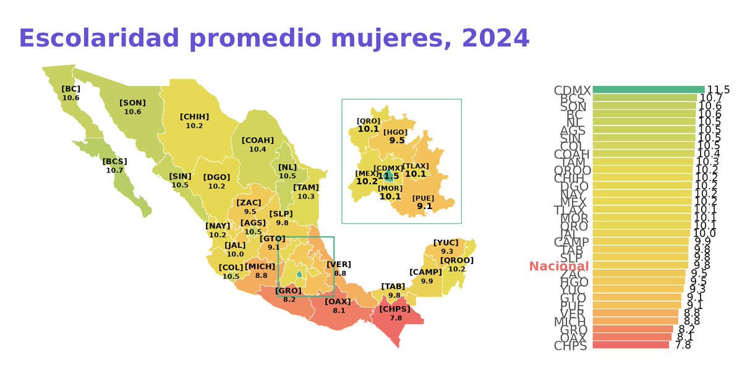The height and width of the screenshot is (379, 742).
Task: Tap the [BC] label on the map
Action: pyautogui.click(x=70, y=89)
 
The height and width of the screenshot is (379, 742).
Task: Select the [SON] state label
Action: pyautogui.click(x=132, y=103)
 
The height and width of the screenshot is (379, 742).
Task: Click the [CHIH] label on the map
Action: pyautogui.click(x=194, y=116)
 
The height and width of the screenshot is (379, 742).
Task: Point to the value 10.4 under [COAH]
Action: pyautogui.click(x=258, y=150)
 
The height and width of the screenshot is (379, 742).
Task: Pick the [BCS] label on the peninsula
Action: pyautogui.click(x=114, y=161)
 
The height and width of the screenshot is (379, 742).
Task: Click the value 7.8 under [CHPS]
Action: pyautogui.click(x=396, y=318)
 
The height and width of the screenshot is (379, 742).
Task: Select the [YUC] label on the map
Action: pyautogui.click(x=446, y=242)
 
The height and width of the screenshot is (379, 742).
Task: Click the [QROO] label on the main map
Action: pyautogui.click(x=457, y=260)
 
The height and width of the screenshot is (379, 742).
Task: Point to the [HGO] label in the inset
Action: pyautogui.click(x=396, y=132)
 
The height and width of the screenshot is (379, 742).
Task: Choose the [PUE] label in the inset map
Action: pyautogui.click(x=424, y=198)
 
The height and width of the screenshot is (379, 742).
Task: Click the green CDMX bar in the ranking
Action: pyautogui.click(x=648, y=90)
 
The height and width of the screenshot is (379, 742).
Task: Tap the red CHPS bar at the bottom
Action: pyautogui.click(x=631, y=345)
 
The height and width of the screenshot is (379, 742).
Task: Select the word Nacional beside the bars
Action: pyautogui.click(x=559, y=266)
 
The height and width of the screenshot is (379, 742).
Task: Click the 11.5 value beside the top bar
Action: pyautogui.click(x=719, y=90)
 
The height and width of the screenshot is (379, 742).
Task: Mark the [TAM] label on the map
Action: pyautogui.click(x=305, y=187)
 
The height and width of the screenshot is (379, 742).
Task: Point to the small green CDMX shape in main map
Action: pyautogui.click(x=299, y=274)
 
